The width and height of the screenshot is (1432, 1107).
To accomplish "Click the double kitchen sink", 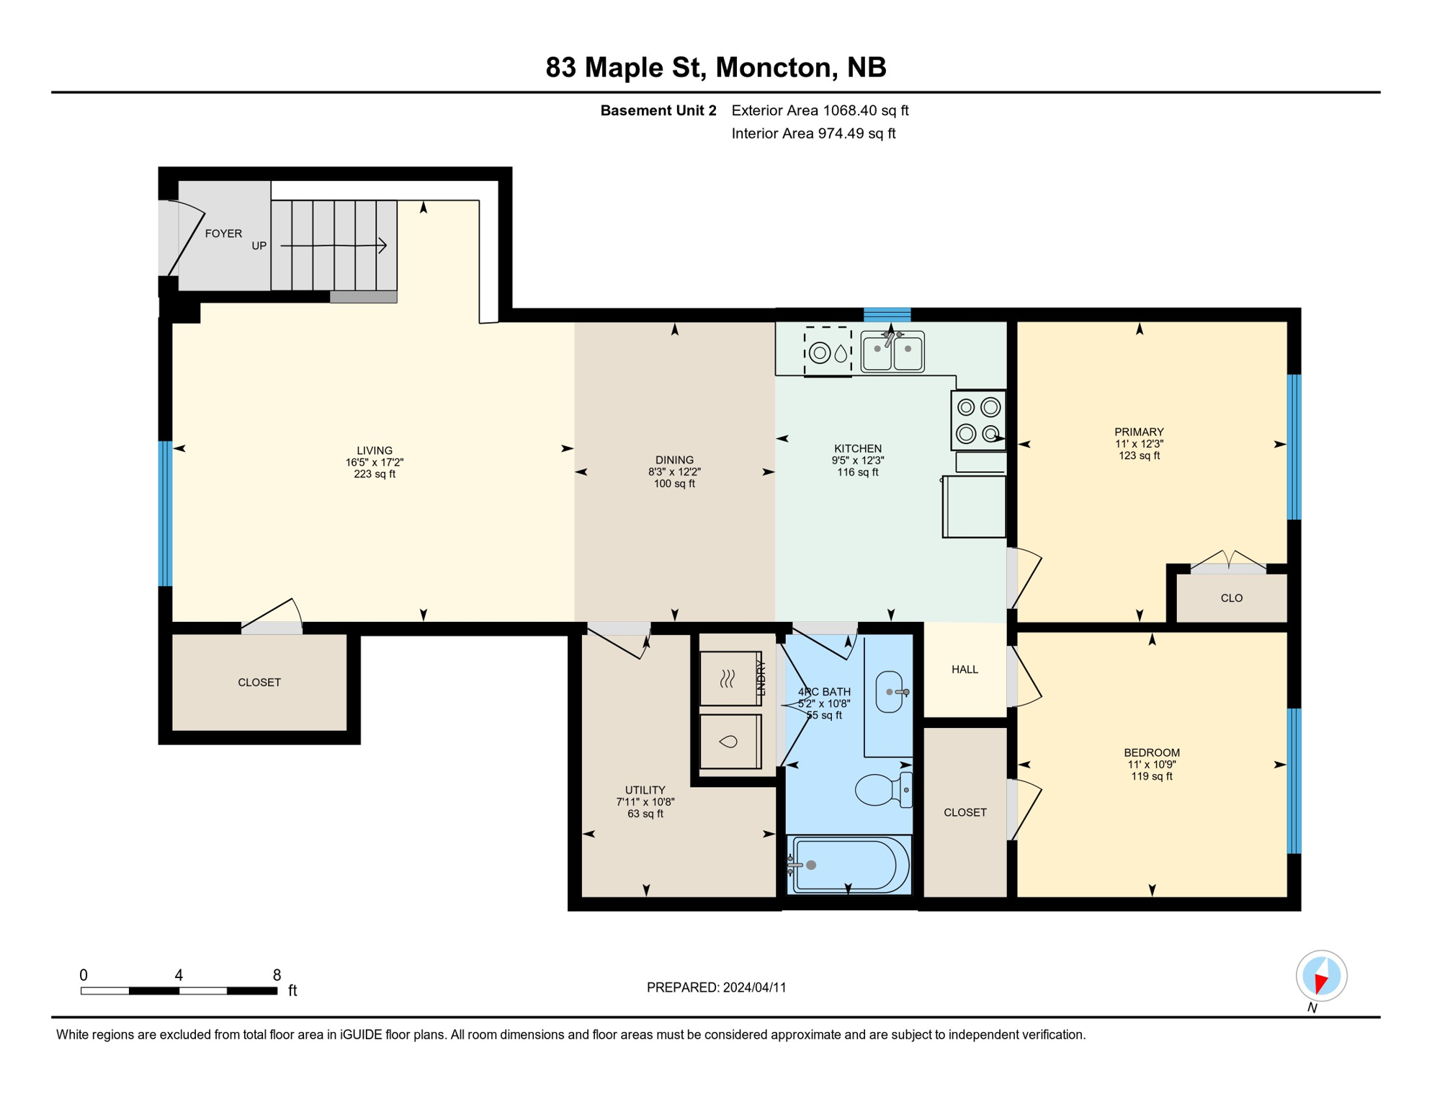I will [892, 352].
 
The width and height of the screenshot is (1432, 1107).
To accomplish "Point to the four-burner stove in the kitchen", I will [978, 420].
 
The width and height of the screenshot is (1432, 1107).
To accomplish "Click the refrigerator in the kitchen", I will [974, 506].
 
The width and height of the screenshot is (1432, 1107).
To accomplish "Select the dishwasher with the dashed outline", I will [828, 352].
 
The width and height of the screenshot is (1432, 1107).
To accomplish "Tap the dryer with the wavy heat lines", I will [729, 678].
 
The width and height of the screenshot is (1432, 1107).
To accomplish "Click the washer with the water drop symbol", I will [729, 742].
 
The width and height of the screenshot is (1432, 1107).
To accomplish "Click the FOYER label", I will [223, 234].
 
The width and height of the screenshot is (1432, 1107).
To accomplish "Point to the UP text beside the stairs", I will [259, 246].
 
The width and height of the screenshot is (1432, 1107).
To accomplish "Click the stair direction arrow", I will [335, 246].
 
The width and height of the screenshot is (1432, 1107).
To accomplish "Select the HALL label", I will [965, 670].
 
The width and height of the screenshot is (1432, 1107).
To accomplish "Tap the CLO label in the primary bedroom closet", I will [1231, 598].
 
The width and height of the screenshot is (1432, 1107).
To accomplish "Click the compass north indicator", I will [1321, 977].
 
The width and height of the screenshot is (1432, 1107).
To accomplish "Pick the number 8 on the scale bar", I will [277, 975].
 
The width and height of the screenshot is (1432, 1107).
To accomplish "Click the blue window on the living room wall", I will [166, 513].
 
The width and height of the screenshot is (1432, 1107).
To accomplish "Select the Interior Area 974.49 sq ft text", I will [813, 133].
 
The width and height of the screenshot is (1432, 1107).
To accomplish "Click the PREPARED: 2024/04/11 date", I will [716, 987].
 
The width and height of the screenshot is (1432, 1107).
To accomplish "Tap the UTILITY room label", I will [645, 790].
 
